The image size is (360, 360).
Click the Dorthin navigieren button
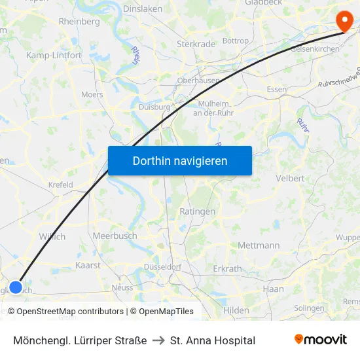[x=180, y=160]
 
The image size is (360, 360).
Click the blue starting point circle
[x=16, y=287]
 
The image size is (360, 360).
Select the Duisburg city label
[x=154, y=107]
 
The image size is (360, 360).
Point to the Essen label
[x=277, y=90]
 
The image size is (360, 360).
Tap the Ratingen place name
[x=197, y=211]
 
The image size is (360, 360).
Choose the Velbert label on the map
[x=290, y=178]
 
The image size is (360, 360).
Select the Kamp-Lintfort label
[x=54, y=56]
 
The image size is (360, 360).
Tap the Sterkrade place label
[x=196, y=44]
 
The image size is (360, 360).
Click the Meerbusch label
[x=115, y=236]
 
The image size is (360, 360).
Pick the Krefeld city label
[x=60, y=185]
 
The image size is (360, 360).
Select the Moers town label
[x=92, y=94]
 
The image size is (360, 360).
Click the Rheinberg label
[x=79, y=21]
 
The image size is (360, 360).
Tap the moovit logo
[x=321, y=340]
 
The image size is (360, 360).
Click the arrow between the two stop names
[x=159, y=340]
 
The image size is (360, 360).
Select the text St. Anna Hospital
[x=213, y=340]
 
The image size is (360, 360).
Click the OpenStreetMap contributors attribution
[x=65, y=312]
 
